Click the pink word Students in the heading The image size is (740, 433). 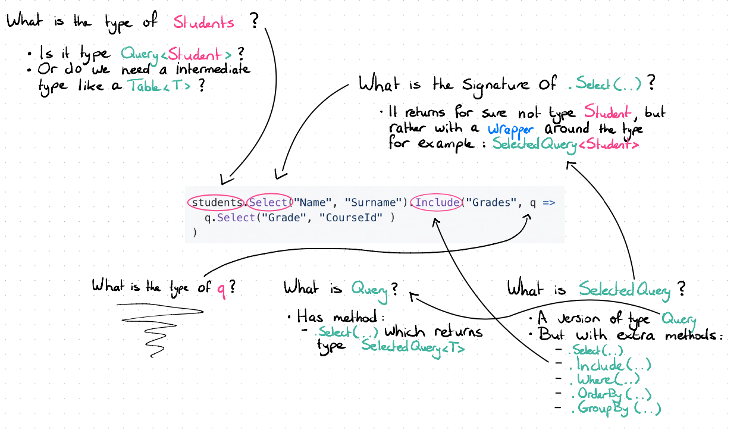tap(204, 23)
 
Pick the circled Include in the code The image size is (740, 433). tap(437, 202)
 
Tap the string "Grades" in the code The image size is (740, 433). tap(491, 202)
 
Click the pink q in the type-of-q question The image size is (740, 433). tap(220, 287)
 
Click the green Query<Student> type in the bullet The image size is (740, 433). tap(177, 54)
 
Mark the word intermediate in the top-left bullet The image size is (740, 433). tap(213, 70)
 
